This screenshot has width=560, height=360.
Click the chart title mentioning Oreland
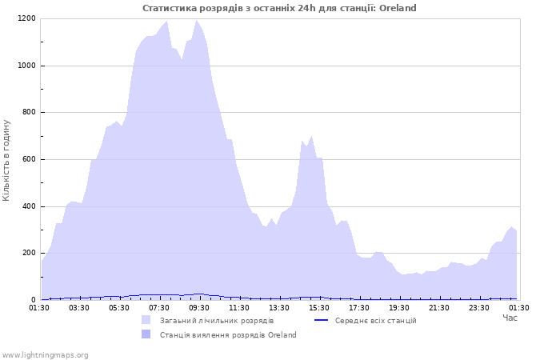279,8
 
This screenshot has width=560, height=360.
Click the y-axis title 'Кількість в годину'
7,160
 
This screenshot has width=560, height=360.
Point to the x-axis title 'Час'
510,318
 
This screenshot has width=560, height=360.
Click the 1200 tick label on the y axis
26,18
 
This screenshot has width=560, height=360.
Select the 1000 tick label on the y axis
26,66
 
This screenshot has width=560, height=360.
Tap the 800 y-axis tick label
28,113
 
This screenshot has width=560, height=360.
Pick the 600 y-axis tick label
28,160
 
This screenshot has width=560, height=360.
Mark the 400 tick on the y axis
28,206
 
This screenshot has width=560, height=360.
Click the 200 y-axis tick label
28,254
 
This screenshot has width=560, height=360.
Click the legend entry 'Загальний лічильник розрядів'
216,321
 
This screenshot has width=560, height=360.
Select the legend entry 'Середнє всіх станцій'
375,321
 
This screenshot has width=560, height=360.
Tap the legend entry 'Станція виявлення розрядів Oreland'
228,335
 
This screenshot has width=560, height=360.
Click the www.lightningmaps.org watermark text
45,354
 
